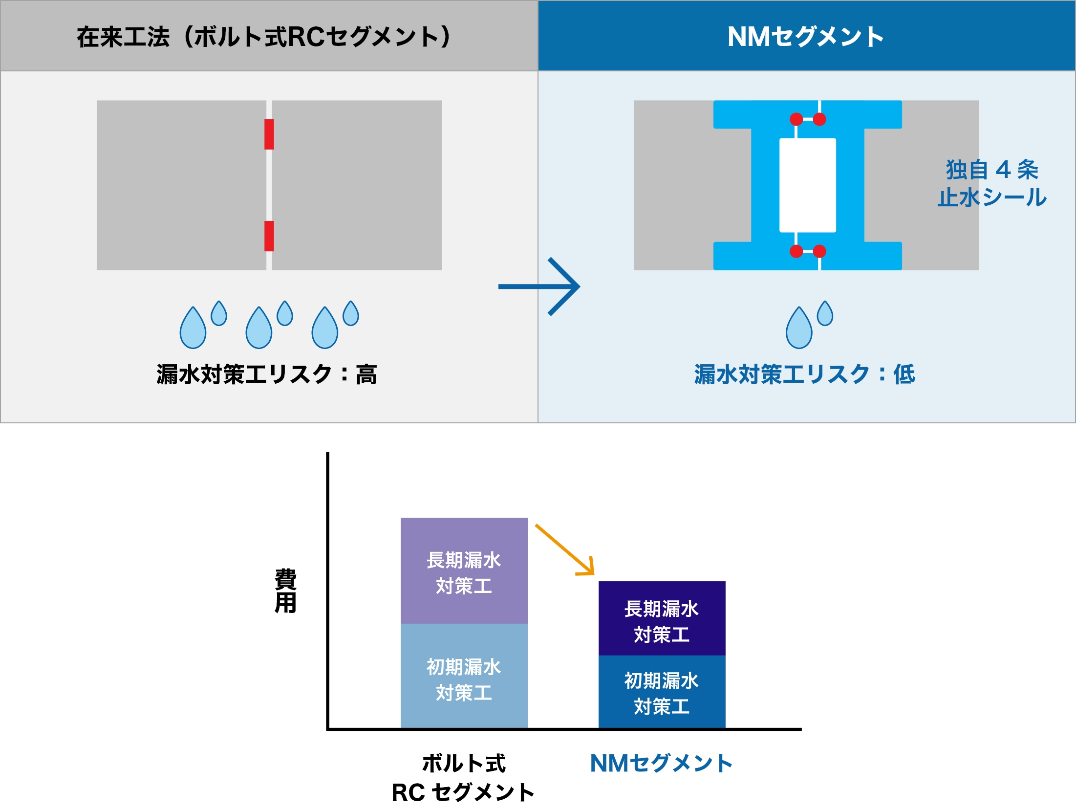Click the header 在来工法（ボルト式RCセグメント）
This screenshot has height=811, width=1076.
pyautogui.click(x=264, y=37)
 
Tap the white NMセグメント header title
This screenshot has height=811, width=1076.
pyautogui.click(x=806, y=37)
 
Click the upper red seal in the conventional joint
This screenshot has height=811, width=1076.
pyautogui.click(x=269, y=134)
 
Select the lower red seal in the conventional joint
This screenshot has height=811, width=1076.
pyautogui.click(x=269, y=236)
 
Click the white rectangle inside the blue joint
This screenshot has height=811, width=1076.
pyautogui.click(x=807, y=185)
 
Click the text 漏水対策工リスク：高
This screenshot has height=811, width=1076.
pyautogui.click(x=267, y=375)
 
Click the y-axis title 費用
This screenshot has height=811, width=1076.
pyautogui.click(x=286, y=591)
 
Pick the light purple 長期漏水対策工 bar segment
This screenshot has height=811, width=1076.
pyautogui.click(x=464, y=571)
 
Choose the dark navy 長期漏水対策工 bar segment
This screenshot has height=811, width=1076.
pyautogui.click(x=662, y=619)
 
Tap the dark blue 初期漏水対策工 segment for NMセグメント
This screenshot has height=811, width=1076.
pyautogui.click(x=662, y=692)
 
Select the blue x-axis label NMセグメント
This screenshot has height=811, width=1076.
pyautogui.click(x=662, y=764)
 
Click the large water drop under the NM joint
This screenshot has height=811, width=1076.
pyautogui.click(x=798, y=329)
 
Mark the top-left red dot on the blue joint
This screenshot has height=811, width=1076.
pyautogui.click(x=796, y=119)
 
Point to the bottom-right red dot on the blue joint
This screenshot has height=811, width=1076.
pyautogui.click(x=819, y=251)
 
